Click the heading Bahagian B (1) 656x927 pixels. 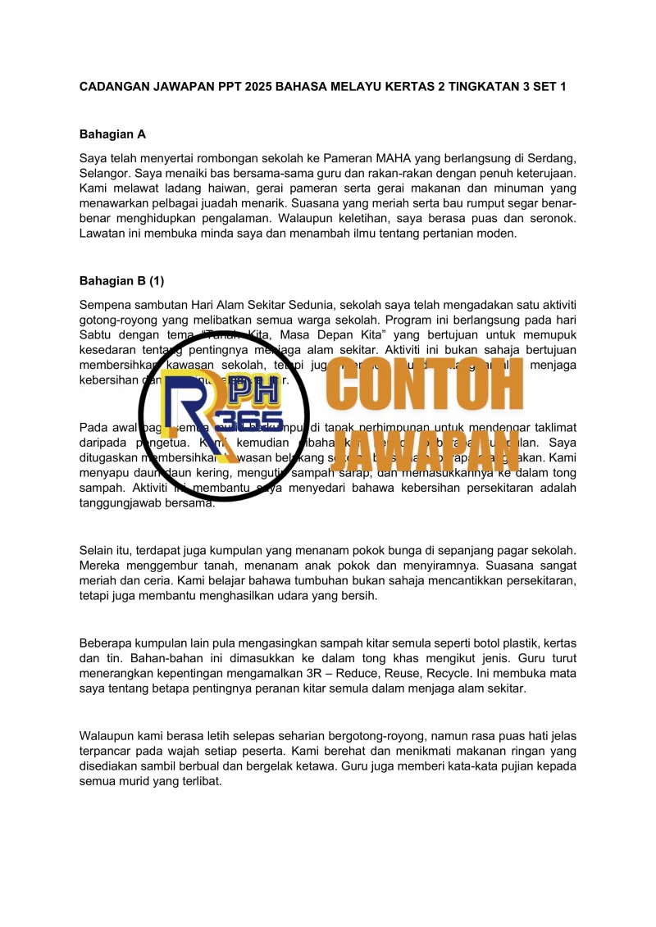[x=121, y=280]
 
